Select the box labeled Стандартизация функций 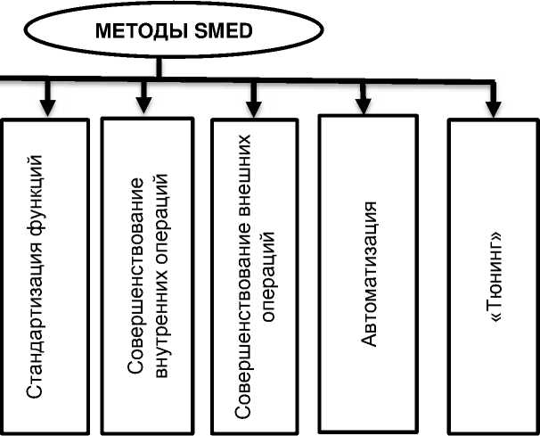(x=45, y=276)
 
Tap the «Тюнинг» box (x=491, y=276)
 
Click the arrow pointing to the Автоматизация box (x=364, y=98)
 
